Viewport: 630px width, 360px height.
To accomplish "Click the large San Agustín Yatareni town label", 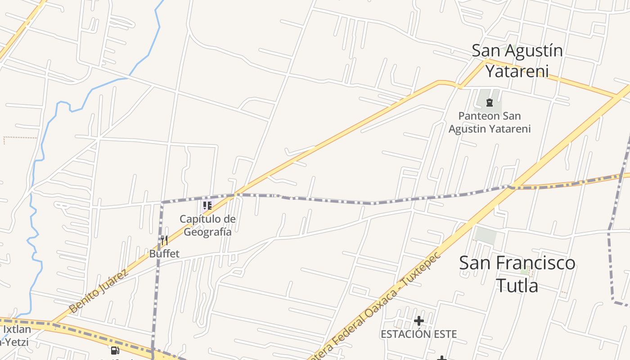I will pos(517,61).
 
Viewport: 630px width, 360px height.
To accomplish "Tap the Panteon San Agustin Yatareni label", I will pos(490,122).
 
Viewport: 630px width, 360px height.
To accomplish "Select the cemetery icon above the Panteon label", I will pos(490,103).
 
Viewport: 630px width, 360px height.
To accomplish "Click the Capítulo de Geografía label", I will pos(207,225).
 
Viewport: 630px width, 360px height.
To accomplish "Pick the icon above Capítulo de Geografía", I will pos(207,206).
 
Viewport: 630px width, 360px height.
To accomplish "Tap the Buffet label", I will pos(164,254).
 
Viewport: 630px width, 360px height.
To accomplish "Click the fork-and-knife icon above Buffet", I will pos(164,240).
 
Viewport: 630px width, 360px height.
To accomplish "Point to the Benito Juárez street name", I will pos(99,291).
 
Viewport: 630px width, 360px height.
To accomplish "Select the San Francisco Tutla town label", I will pos(517,274).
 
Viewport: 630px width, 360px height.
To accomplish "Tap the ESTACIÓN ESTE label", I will pos(418,334).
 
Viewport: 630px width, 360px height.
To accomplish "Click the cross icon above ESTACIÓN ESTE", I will pos(419,321).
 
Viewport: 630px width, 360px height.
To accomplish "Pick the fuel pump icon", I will pos(115,350).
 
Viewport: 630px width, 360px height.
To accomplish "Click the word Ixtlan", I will pos(17,329).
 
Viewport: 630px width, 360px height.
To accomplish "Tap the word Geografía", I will pos(207,232).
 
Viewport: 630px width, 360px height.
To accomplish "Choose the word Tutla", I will pos(517,285).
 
